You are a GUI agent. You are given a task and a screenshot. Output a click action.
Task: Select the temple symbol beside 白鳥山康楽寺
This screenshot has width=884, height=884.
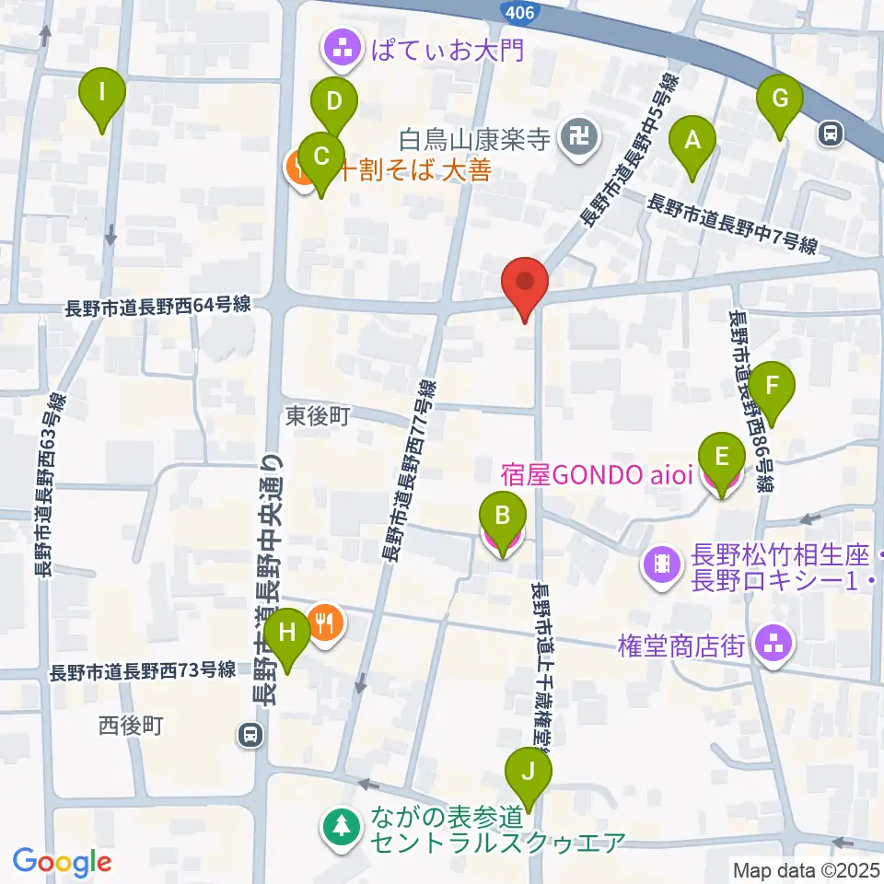click(x=583, y=140)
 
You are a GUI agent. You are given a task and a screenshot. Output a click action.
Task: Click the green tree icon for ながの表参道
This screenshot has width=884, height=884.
click(x=343, y=825)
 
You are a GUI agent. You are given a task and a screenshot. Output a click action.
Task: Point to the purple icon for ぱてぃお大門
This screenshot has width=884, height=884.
click(x=344, y=50)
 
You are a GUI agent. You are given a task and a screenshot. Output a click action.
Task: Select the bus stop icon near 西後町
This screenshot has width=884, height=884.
click(x=250, y=735)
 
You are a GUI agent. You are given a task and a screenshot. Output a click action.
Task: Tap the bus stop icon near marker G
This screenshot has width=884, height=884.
click(x=832, y=134)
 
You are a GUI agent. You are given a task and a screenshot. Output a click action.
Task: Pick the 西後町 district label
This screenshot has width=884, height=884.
click(x=131, y=726)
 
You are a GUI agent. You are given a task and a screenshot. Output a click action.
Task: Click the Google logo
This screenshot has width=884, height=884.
click(x=62, y=861)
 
